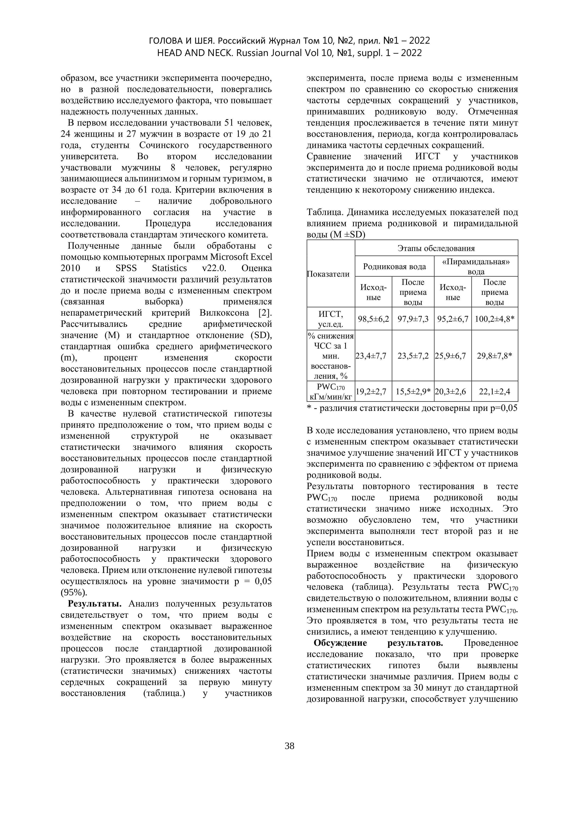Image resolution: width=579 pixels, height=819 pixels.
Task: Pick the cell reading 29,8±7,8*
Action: point(495,356)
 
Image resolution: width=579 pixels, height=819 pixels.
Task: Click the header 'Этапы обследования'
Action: point(436,248)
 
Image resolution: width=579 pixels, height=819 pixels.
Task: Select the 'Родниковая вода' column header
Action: point(394,266)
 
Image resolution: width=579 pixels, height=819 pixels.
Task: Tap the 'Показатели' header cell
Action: point(328,274)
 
